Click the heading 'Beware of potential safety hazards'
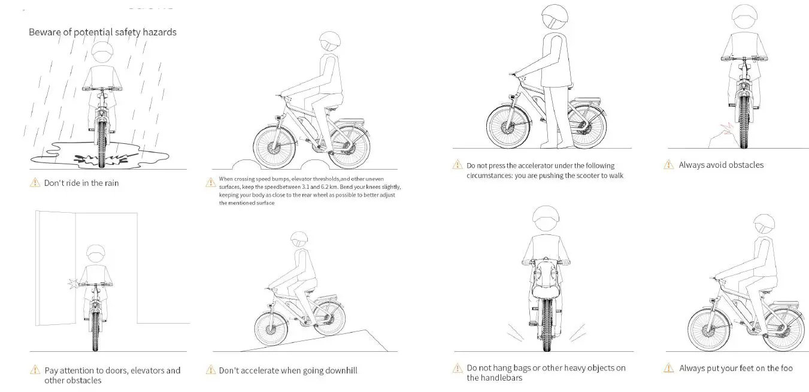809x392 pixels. [x=102, y=32]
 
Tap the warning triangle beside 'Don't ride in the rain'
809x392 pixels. [x=35, y=182]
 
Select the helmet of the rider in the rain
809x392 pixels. [x=102, y=55]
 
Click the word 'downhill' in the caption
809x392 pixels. [x=341, y=370]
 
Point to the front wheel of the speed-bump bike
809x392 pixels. [x=274, y=147]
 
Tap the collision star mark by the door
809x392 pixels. [x=74, y=284]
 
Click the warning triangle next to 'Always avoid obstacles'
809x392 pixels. [x=668, y=164]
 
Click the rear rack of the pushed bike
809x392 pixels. [x=587, y=100]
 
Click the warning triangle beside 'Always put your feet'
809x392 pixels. [x=668, y=367]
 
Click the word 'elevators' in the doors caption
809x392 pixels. [x=148, y=370]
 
